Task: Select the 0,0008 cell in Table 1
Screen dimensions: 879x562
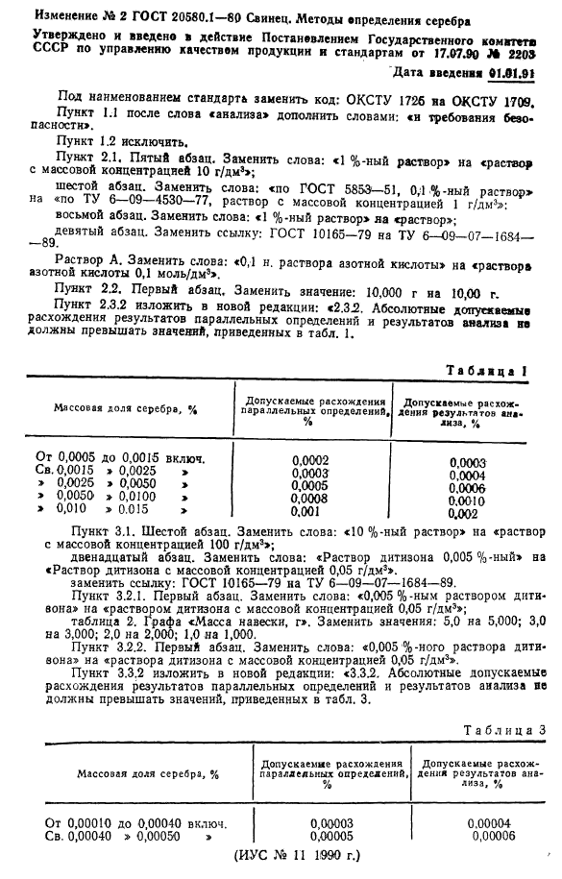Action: (310, 499)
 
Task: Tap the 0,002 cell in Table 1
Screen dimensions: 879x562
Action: (465, 513)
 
